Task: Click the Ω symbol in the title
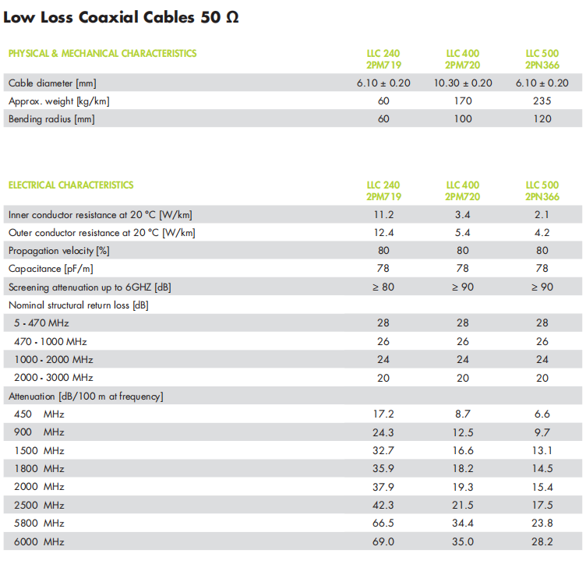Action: pos(231,16)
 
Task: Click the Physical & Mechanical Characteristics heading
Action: pos(102,54)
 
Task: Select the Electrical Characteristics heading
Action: pos(71,185)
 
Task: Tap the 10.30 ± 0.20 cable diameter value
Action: pos(463,83)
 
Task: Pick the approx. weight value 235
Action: pos(542,101)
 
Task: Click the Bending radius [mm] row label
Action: pos(51,119)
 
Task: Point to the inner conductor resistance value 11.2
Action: pos(383,215)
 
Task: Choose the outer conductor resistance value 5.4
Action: pos(463,233)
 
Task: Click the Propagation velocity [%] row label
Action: pos(58,251)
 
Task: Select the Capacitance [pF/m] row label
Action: pos(50,269)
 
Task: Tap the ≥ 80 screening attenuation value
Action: pos(383,287)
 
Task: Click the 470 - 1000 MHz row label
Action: pos(51,341)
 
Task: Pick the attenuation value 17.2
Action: pos(383,414)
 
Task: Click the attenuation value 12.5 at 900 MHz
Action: pos(463,432)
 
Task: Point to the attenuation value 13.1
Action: pos(542,450)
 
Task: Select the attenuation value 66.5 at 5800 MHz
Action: pos(383,523)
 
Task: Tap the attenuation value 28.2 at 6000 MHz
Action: pos(542,541)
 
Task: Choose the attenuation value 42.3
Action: pos(383,505)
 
